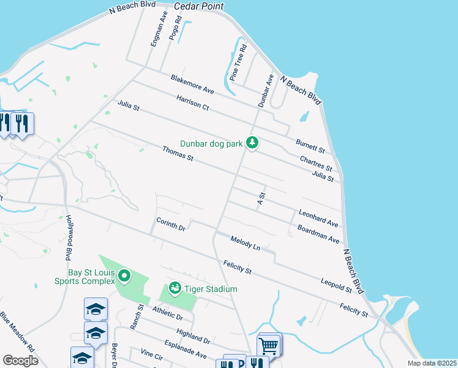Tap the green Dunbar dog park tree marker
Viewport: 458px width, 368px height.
pyautogui.click(x=252, y=143)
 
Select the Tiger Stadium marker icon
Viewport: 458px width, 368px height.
pyautogui.click(x=175, y=288)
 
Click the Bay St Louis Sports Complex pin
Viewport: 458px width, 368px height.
pyautogui.click(x=124, y=276)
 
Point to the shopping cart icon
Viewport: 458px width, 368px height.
pyautogui.click(x=269, y=345)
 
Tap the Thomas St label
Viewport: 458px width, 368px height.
pyautogui.click(x=178, y=154)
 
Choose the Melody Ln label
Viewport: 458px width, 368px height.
pyautogui.click(x=246, y=243)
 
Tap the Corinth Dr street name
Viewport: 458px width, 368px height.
pyautogui.click(x=170, y=224)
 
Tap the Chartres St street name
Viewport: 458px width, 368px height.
pyautogui.click(x=316, y=164)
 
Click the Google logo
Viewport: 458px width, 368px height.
pyautogui.click(x=20, y=361)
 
